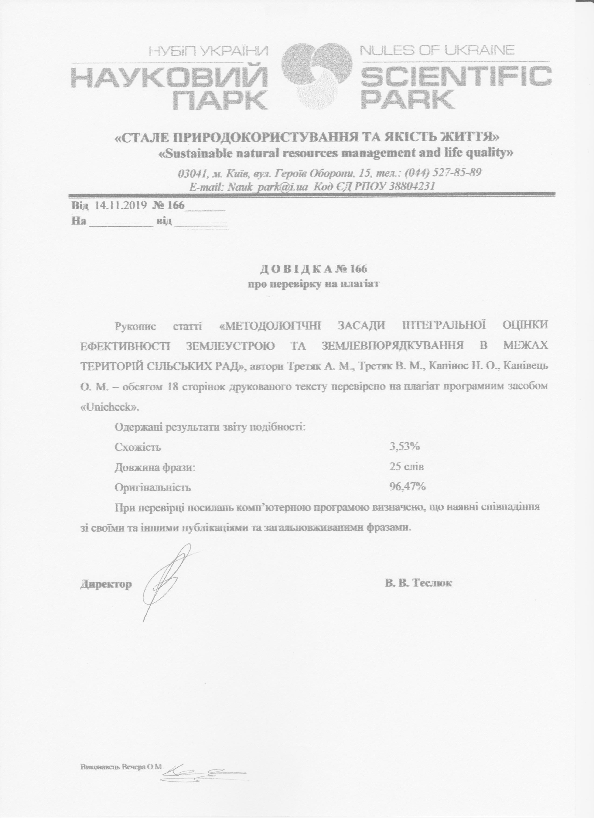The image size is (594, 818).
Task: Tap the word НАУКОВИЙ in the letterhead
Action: click(x=169, y=77)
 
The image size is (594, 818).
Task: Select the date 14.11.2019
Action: click(x=120, y=205)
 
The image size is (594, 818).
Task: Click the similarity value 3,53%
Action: click(x=404, y=447)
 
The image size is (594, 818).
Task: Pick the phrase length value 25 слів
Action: click(x=406, y=467)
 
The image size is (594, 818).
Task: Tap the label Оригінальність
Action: click(x=152, y=488)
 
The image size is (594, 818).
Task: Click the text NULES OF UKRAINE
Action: click(x=437, y=50)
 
